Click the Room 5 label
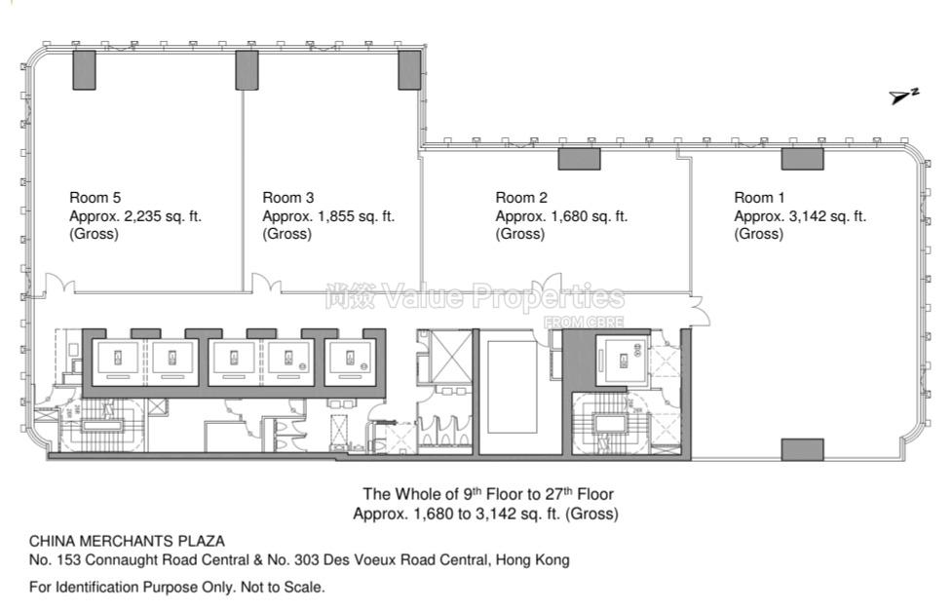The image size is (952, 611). pos(95,198)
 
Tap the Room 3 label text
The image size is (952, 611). pos(287,198)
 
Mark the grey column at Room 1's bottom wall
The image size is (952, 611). pos(802,449)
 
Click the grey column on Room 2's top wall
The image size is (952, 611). pos(579,159)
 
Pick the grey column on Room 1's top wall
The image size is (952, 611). pos(802,159)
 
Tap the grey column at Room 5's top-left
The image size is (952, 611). pos(85,69)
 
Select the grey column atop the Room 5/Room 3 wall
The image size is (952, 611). pos(247,69)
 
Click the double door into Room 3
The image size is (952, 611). pos(267,285)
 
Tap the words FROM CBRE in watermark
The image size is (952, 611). pos(583,322)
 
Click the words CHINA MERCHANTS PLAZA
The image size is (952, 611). pos(127,541)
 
